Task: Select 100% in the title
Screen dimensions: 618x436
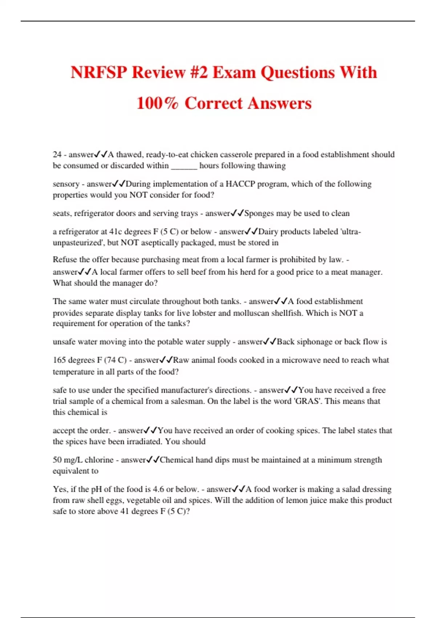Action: point(158,103)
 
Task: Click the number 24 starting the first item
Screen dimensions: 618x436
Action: point(57,154)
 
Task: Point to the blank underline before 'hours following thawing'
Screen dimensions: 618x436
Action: point(184,166)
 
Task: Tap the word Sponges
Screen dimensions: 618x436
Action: point(259,213)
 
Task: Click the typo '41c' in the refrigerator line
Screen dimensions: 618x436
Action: point(116,232)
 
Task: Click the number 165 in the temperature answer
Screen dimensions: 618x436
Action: point(59,360)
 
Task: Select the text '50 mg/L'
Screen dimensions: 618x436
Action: point(67,460)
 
